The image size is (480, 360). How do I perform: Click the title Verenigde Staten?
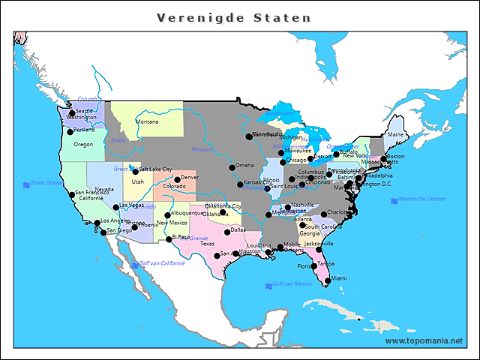[x=234, y=17]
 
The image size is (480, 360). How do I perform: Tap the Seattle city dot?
[x=72, y=112]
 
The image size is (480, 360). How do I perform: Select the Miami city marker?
[x=327, y=279]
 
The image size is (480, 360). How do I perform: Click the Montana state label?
[x=147, y=121]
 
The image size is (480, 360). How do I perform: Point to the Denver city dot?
[x=177, y=180]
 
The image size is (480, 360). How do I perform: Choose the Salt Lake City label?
[x=156, y=169]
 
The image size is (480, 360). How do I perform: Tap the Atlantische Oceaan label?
[x=421, y=199]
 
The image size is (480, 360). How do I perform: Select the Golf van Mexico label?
[x=292, y=283]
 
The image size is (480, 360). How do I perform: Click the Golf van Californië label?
[x=162, y=263]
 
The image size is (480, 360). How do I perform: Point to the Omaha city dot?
[x=232, y=166]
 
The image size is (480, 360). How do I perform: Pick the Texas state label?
[x=207, y=244]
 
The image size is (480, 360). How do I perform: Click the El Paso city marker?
[x=169, y=239]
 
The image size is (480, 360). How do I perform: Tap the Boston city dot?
[x=383, y=158]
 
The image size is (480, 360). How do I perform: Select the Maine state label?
[x=395, y=135]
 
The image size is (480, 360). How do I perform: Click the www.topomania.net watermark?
[x=424, y=340]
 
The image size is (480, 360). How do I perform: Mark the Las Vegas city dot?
[x=115, y=206]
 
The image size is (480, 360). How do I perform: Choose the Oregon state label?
[x=83, y=144]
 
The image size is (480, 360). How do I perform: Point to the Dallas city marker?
[x=227, y=232]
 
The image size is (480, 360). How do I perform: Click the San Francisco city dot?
[x=72, y=194]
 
